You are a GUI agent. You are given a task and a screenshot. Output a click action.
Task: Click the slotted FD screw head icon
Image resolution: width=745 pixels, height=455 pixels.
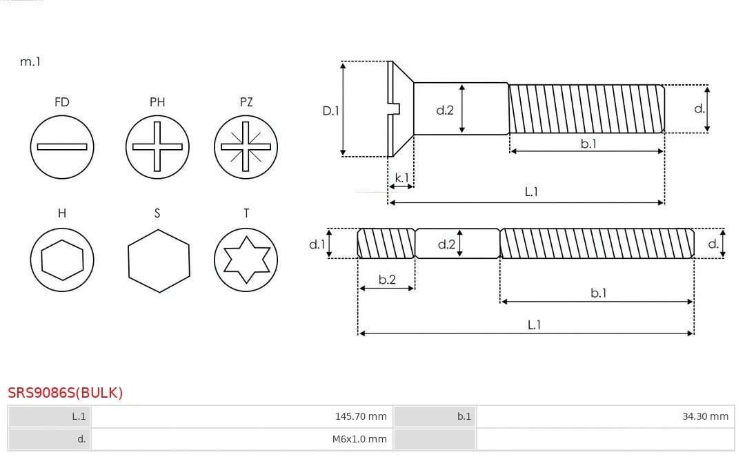pyautogui.click(x=62, y=147)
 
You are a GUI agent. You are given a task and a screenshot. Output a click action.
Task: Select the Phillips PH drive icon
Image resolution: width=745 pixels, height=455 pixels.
pyautogui.click(x=157, y=147)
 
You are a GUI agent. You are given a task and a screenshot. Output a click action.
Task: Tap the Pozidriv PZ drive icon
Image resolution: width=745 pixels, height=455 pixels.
pyautogui.click(x=246, y=147)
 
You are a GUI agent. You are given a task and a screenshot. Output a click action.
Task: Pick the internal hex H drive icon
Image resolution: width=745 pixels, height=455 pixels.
pyautogui.click(x=62, y=260)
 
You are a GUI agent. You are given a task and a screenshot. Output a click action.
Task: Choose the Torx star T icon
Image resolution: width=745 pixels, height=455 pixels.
pyautogui.click(x=246, y=260)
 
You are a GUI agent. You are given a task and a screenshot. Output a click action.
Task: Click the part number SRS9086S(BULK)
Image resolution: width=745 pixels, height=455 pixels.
pyautogui.click(x=66, y=393)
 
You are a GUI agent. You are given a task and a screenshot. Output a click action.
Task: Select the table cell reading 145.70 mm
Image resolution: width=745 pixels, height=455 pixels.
pyautogui.click(x=241, y=416)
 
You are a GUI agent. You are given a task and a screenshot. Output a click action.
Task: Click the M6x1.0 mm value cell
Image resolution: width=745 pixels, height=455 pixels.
pyautogui.click(x=241, y=439)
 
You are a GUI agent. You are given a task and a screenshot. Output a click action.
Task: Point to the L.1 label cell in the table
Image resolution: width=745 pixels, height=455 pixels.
pyautogui.click(x=49, y=416)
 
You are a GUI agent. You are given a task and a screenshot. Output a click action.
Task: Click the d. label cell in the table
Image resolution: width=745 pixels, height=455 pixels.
pyautogui.click(x=49, y=439)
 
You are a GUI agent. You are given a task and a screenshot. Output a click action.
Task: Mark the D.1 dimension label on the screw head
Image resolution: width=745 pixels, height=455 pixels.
pyautogui.click(x=331, y=110)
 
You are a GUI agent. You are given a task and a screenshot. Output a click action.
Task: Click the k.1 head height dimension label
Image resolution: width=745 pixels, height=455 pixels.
pyautogui.click(x=401, y=178)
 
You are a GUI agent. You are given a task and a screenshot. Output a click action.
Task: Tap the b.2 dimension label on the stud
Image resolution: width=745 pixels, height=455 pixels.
pyautogui.click(x=387, y=280)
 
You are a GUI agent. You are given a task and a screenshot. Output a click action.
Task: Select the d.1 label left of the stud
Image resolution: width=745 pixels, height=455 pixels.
pyautogui.click(x=317, y=244)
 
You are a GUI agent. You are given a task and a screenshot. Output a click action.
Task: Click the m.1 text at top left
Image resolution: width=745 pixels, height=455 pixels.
pyautogui.click(x=30, y=61)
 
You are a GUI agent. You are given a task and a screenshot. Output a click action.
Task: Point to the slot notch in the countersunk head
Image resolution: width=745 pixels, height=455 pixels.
pyautogui.click(x=395, y=109)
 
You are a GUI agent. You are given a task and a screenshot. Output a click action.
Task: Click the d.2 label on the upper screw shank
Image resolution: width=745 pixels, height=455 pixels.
pyautogui.click(x=445, y=110)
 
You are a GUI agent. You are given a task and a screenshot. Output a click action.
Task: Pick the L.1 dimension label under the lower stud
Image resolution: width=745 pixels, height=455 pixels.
pyautogui.click(x=534, y=325)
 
